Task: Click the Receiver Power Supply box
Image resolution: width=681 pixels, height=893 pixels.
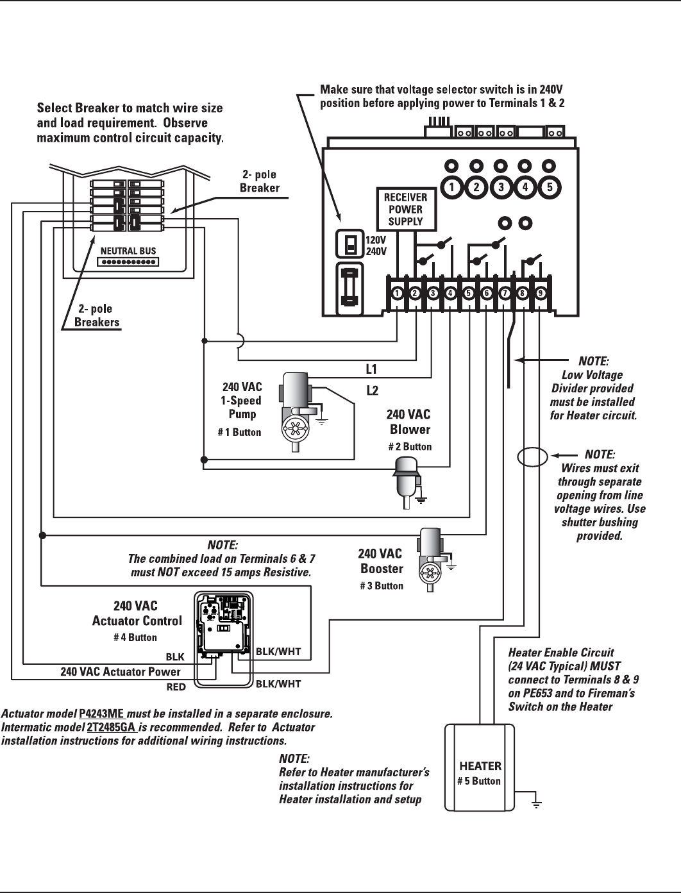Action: [405, 210]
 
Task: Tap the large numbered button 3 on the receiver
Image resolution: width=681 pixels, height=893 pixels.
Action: [501, 188]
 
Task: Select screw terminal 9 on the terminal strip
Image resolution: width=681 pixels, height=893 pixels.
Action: [541, 294]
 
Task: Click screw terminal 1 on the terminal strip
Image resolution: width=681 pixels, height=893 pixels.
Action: [398, 294]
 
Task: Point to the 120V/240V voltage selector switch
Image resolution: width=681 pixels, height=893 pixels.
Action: [350, 244]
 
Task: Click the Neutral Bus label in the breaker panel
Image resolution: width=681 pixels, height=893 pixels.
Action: [128, 251]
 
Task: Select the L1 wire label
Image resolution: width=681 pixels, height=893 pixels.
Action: [371, 369]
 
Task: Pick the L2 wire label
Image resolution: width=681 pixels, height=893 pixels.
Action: [371, 390]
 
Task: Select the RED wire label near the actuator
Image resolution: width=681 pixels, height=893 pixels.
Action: [176, 687]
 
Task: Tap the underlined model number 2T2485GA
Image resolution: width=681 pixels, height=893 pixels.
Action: [112, 728]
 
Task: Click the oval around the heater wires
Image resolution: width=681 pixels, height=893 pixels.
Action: [532, 458]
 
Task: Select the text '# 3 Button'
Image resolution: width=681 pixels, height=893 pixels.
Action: [382, 586]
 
